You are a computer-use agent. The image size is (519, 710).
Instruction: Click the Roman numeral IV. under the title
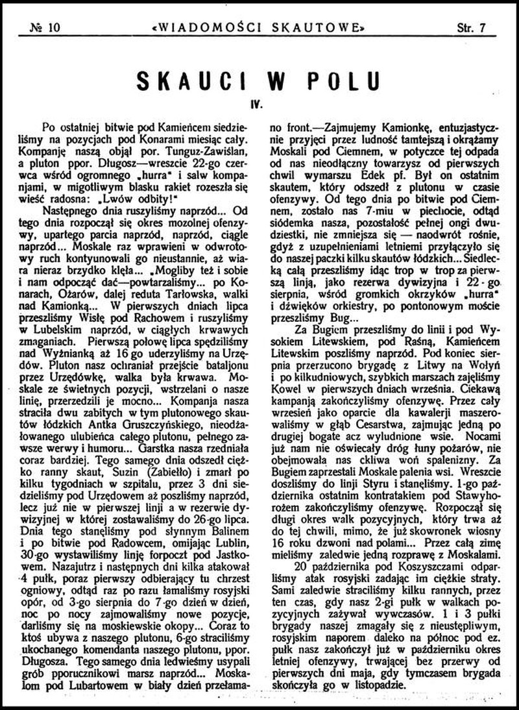point(259,103)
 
